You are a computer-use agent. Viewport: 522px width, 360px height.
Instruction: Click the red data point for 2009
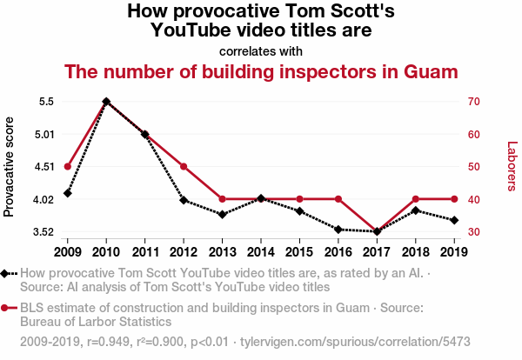point(67,166)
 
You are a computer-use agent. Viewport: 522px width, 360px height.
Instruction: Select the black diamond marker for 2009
point(67,193)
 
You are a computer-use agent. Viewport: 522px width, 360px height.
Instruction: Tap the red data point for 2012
point(184,166)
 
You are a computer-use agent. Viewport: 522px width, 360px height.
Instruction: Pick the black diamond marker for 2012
point(184,200)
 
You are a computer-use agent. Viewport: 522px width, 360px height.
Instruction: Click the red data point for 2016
point(338,199)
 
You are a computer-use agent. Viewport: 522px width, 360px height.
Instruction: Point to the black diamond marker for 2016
point(338,230)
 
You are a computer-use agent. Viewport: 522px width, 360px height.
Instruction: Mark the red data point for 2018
point(416,199)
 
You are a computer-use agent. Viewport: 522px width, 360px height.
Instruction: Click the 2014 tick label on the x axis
point(261,251)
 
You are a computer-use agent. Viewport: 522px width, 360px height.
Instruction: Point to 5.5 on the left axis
point(46,102)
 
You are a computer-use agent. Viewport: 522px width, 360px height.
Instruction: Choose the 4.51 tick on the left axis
point(43,167)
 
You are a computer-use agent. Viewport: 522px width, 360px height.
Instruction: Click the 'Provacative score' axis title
point(10,166)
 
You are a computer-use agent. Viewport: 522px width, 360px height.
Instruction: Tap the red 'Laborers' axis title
point(512,166)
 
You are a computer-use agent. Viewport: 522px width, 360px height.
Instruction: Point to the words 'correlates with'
point(261,50)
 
